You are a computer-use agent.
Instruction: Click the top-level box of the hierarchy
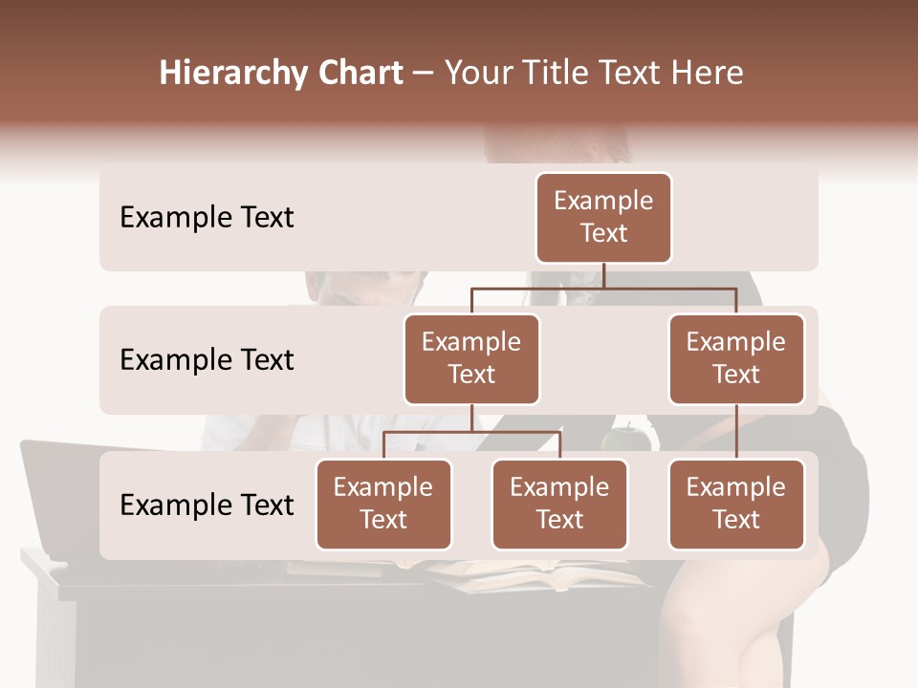tap(603, 217)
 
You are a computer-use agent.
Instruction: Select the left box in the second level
tap(471, 358)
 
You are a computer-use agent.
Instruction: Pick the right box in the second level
tap(736, 358)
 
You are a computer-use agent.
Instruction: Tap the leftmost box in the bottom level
tap(383, 504)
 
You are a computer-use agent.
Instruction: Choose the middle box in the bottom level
tap(559, 504)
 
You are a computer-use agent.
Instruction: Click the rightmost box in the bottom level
tap(736, 504)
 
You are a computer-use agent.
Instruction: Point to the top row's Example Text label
tap(207, 218)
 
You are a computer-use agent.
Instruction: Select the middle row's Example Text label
tap(207, 360)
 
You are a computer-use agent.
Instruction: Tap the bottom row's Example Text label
tap(207, 505)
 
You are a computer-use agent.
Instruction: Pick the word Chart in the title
tap(353, 74)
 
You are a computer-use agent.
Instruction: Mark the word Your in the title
tap(475, 74)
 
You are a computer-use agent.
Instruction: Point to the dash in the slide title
tap(423, 75)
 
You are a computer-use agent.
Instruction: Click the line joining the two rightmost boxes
tap(736, 431)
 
